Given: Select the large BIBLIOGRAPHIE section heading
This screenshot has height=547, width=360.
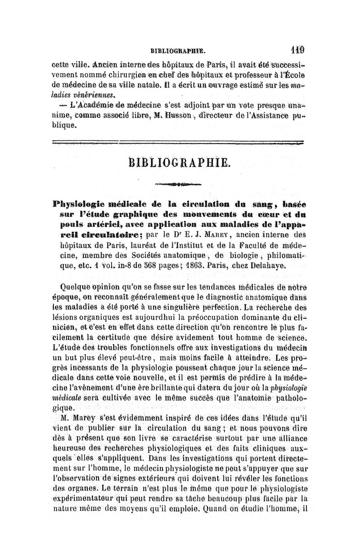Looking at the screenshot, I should tap(179, 162).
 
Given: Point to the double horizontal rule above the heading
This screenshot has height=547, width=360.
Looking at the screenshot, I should tap(179, 143).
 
